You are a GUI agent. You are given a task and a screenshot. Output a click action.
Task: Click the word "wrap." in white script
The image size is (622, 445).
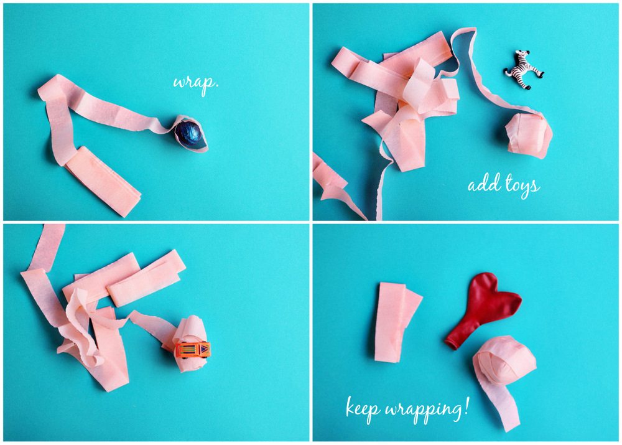coord(196,83)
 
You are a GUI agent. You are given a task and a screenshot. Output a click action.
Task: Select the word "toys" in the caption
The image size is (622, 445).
coord(523,186)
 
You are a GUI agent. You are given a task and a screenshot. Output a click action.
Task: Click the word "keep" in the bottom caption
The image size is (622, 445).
coord(363,407)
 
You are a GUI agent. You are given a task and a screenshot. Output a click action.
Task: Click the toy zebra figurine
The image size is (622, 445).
coord(524,70)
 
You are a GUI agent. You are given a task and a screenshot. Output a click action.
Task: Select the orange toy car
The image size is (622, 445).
coord(193,349)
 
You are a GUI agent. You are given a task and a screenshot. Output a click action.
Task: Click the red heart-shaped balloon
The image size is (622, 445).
coord(481,309)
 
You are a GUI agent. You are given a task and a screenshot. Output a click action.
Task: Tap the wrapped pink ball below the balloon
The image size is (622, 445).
coord(504,360)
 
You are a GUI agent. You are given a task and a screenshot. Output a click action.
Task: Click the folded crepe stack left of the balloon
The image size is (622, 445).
coord(396,322)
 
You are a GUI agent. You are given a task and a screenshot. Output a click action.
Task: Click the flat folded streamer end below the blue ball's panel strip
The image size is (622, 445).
coord(103,181)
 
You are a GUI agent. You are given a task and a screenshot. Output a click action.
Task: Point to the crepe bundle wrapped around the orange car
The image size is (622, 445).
coord(190,344)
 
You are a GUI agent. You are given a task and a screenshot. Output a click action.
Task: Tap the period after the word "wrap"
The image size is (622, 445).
coord(216,87)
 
